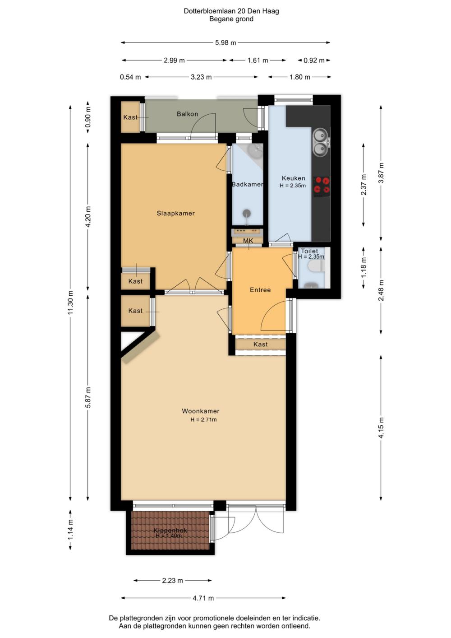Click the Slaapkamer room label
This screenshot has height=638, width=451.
coord(175,213)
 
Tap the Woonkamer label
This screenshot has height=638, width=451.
coord(201,411)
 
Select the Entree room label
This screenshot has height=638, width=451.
coord(260,290)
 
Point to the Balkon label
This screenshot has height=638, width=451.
coord(187,114)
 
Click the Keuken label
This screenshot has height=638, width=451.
coord(293,178)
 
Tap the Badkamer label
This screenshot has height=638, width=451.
coord(248,184)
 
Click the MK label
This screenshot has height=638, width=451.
coord(248,241)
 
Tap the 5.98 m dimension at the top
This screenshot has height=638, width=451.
coord(225,43)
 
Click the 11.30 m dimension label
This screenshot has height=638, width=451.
coord(71,302)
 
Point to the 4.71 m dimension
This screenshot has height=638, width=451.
coord(203,598)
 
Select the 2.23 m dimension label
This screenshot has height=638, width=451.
coord(172,581)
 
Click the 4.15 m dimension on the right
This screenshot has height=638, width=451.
coord(381,428)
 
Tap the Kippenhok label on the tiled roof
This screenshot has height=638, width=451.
coord(170,531)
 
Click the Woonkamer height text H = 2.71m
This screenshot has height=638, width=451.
coord(203,419)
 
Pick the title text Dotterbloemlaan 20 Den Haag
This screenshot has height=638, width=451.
coord(231,11)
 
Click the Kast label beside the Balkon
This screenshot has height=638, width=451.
coord(130,117)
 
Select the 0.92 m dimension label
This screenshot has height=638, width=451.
coord(314,61)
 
